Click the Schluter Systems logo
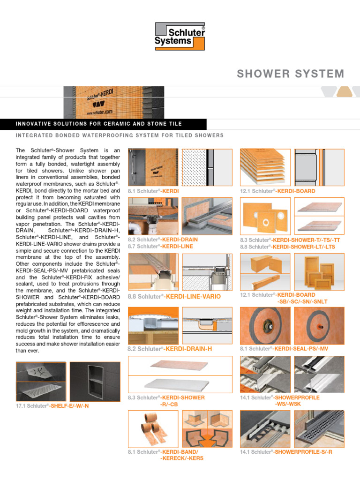pyautogui.click(x=180, y=37)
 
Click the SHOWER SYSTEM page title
pyautogui.click(x=290, y=74)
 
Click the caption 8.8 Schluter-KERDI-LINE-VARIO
pyautogui.click(x=174, y=297)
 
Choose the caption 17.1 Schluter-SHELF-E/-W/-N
pyautogui.click(x=52, y=405)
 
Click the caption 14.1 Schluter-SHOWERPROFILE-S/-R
pyautogui.click(x=286, y=452)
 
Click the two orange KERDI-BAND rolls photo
pyautogui.click(x=153, y=429)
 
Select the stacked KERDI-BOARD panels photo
pyautogui.click(x=265, y=167)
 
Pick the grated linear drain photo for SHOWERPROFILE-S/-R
pyautogui.click(x=319, y=428)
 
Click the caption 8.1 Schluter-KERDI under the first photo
pyautogui.click(x=153, y=191)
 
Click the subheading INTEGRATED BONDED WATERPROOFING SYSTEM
pyautogui.click(x=120, y=135)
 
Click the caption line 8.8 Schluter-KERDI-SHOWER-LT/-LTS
pyautogui.click(x=287, y=247)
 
